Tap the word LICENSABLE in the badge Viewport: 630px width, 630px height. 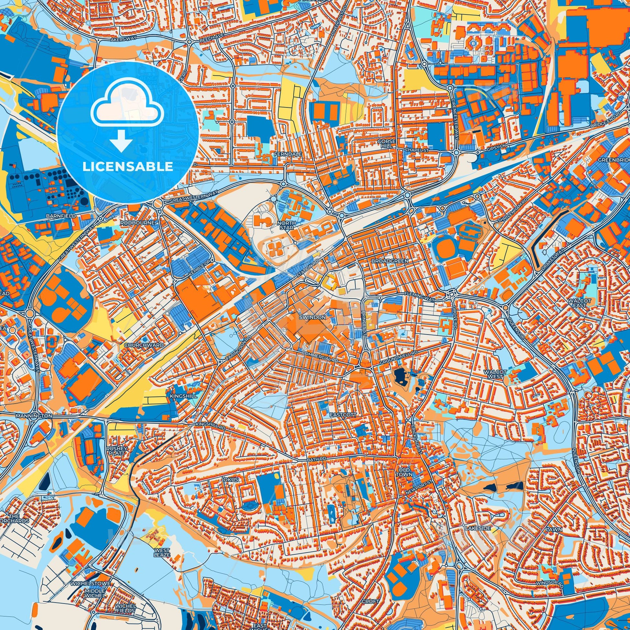[128, 167]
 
